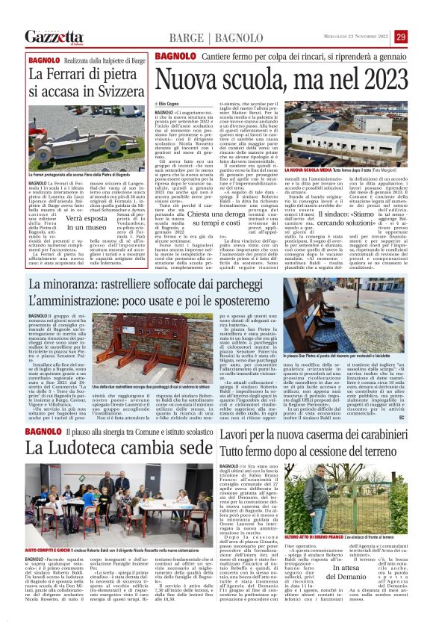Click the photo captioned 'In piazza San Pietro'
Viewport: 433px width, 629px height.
[x=333, y=329]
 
